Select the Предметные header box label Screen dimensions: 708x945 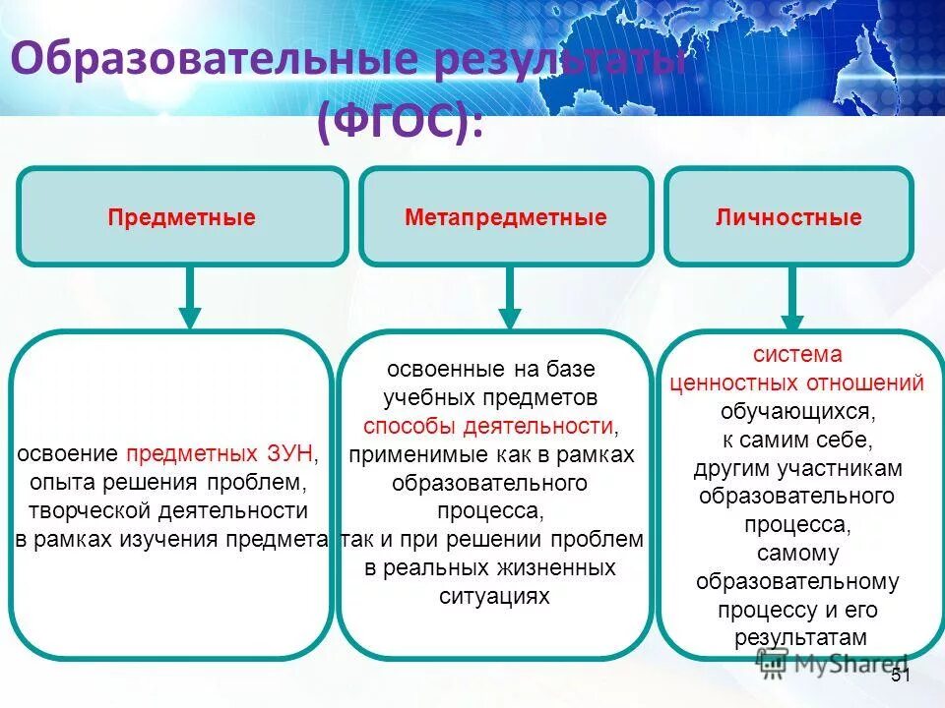[x=182, y=217]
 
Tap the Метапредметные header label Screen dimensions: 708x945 [x=506, y=217]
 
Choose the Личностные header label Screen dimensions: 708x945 [x=788, y=217]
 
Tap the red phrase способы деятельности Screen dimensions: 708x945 [x=488, y=426]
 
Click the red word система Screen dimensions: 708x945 [x=797, y=354]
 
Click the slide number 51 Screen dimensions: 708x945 [x=901, y=676]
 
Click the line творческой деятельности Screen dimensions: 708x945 [x=167, y=510]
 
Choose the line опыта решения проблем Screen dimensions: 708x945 [x=169, y=482]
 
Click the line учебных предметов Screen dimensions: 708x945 [x=490, y=397]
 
